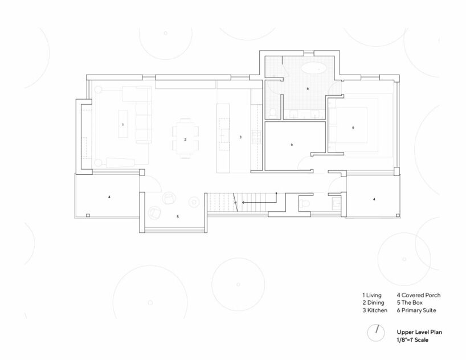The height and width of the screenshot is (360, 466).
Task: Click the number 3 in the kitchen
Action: click(240, 137)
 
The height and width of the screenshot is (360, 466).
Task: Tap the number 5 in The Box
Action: click(178, 217)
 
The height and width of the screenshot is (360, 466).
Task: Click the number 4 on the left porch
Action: click(109, 197)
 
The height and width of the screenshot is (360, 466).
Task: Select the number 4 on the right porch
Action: click(374, 199)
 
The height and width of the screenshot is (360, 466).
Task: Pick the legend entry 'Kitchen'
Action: click(376, 311)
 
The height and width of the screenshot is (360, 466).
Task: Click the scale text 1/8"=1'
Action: click(413, 339)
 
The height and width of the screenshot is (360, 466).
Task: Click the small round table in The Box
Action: click(195, 201)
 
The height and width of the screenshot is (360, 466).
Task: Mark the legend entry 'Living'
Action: click(373, 295)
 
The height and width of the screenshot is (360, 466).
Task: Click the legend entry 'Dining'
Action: click(374, 303)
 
